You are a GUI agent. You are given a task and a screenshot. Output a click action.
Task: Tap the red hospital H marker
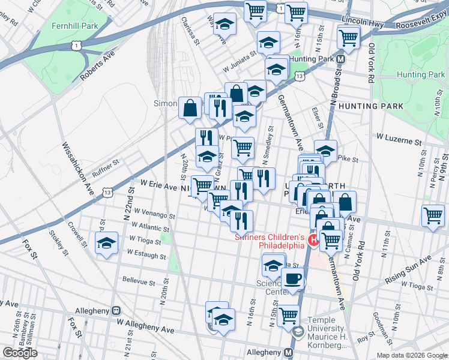click(x=313, y=241)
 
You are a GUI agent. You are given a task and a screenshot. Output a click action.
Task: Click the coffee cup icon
click(x=293, y=279)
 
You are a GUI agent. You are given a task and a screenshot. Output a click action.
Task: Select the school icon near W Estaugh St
click(x=106, y=244)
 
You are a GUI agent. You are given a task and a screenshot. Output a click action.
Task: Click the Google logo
click(x=20, y=353)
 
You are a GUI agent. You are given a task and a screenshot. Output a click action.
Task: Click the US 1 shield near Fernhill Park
click(x=74, y=46)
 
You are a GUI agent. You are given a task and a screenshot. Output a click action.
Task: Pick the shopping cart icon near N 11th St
click(x=432, y=216)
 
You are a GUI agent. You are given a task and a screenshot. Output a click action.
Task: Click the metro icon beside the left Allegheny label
click(x=116, y=311)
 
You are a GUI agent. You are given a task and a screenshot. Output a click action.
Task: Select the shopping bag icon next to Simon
click(x=190, y=109)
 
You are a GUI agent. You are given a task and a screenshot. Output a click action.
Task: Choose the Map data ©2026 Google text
click(x=411, y=355)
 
